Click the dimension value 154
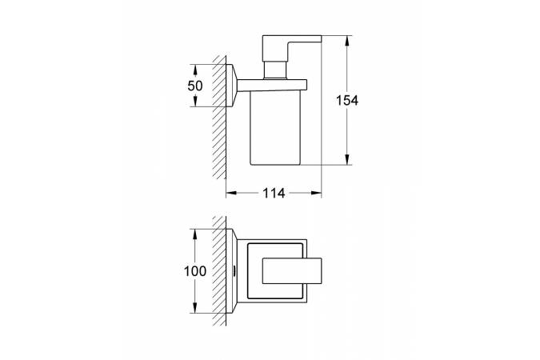347,100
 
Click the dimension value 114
274,194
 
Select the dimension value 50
195,86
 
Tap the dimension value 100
195,271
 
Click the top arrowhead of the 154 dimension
347,40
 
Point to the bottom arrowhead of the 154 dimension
347,159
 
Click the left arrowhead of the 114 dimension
231,193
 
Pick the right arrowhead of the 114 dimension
316,193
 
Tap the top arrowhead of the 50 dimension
195,70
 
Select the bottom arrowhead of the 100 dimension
195,308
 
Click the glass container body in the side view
275,127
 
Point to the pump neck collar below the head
275,70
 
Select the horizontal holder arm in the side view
272,86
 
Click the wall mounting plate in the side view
230,86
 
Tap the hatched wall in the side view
219,117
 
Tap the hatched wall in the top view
219,271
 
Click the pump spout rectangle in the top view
292,271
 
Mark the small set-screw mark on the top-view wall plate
234,271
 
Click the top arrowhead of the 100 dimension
195,234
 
